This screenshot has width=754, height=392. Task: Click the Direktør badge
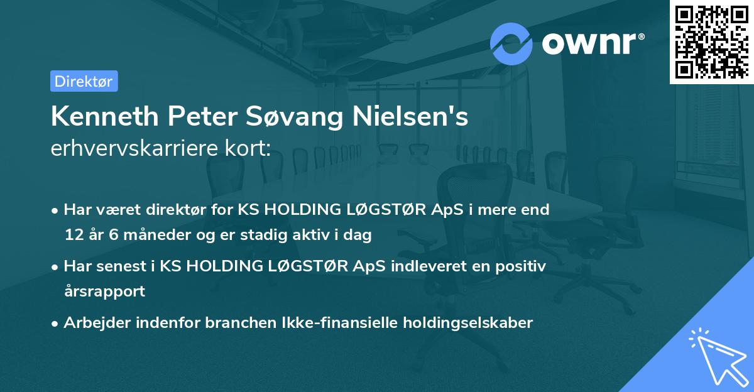tap(84, 81)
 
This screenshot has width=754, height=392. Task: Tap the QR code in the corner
tap(711, 41)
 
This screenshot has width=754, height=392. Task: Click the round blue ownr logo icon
tap(511, 43)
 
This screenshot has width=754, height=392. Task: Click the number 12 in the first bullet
tap(73, 236)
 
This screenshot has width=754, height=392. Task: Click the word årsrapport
tap(104, 291)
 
